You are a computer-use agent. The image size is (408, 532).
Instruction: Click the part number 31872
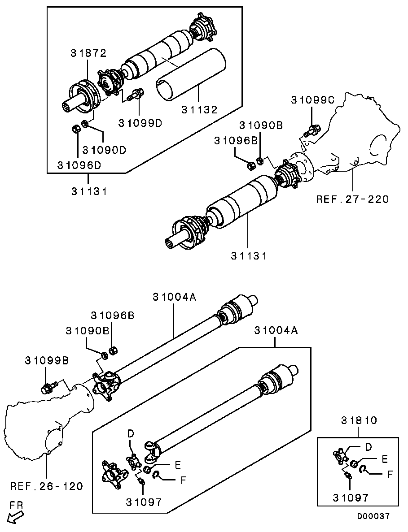(88, 53)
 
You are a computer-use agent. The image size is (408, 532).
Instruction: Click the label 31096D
(79, 165)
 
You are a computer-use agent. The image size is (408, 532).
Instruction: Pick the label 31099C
(313, 100)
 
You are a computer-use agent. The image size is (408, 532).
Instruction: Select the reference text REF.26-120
(47, 486)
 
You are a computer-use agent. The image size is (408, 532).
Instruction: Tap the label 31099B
(47, 360)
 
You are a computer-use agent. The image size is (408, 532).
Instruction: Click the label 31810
(359, 421)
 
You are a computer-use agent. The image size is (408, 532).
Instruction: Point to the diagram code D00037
(373, 516)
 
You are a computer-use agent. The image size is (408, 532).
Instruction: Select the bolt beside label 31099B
(48, 387)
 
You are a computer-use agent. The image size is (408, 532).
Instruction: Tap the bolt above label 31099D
(135, 95)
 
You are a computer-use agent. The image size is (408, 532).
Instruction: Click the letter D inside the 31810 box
(369, 447)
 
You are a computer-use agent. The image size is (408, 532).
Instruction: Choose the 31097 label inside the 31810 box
(351, 497)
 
